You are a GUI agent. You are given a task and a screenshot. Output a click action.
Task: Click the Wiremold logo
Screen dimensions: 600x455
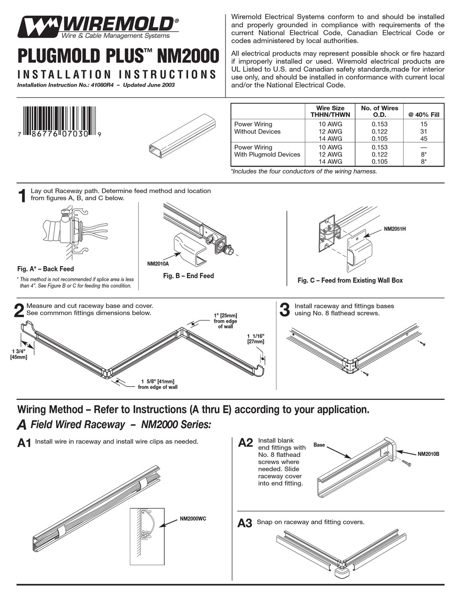(x=98, y=27)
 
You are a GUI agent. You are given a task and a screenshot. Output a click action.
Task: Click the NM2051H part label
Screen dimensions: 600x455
(x=395, y=229)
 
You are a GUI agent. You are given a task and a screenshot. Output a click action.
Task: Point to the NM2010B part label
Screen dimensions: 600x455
(x=429, y=453)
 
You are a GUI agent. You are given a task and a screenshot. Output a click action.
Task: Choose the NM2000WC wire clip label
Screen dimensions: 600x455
(x=196, y=519)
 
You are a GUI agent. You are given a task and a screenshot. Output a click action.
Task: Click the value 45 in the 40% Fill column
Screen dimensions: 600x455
(x=424, y=138)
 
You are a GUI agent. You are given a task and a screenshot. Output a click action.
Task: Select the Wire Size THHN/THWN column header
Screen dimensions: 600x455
(x=330, y=112)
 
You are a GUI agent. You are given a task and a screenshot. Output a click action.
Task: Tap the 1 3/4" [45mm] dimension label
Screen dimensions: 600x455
(x=19, y=354)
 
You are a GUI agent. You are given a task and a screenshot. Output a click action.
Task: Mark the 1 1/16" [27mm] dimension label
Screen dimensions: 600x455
(x=255, y=339)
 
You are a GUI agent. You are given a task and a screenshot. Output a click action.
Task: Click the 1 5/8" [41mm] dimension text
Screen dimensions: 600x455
(x=157, y=384)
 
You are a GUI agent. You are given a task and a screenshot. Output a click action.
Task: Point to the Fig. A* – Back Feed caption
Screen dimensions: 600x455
(x=45, y=269)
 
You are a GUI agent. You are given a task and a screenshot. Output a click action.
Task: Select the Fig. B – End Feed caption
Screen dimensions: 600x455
(x=188, y=276)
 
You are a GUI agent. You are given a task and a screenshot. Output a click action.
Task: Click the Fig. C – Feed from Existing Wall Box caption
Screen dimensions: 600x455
(x=350, y=280)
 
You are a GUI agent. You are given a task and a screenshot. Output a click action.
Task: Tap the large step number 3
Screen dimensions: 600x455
(x=284, y=310)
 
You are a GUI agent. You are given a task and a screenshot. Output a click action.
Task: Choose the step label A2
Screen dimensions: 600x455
(x=245, y=443)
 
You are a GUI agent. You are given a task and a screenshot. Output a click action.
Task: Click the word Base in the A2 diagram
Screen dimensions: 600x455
(x=319, y=445)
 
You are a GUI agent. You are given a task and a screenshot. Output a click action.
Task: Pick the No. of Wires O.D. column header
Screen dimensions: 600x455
(x=379, y=112)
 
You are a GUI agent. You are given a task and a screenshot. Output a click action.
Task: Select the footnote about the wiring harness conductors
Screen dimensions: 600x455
(x=304, y=171)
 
